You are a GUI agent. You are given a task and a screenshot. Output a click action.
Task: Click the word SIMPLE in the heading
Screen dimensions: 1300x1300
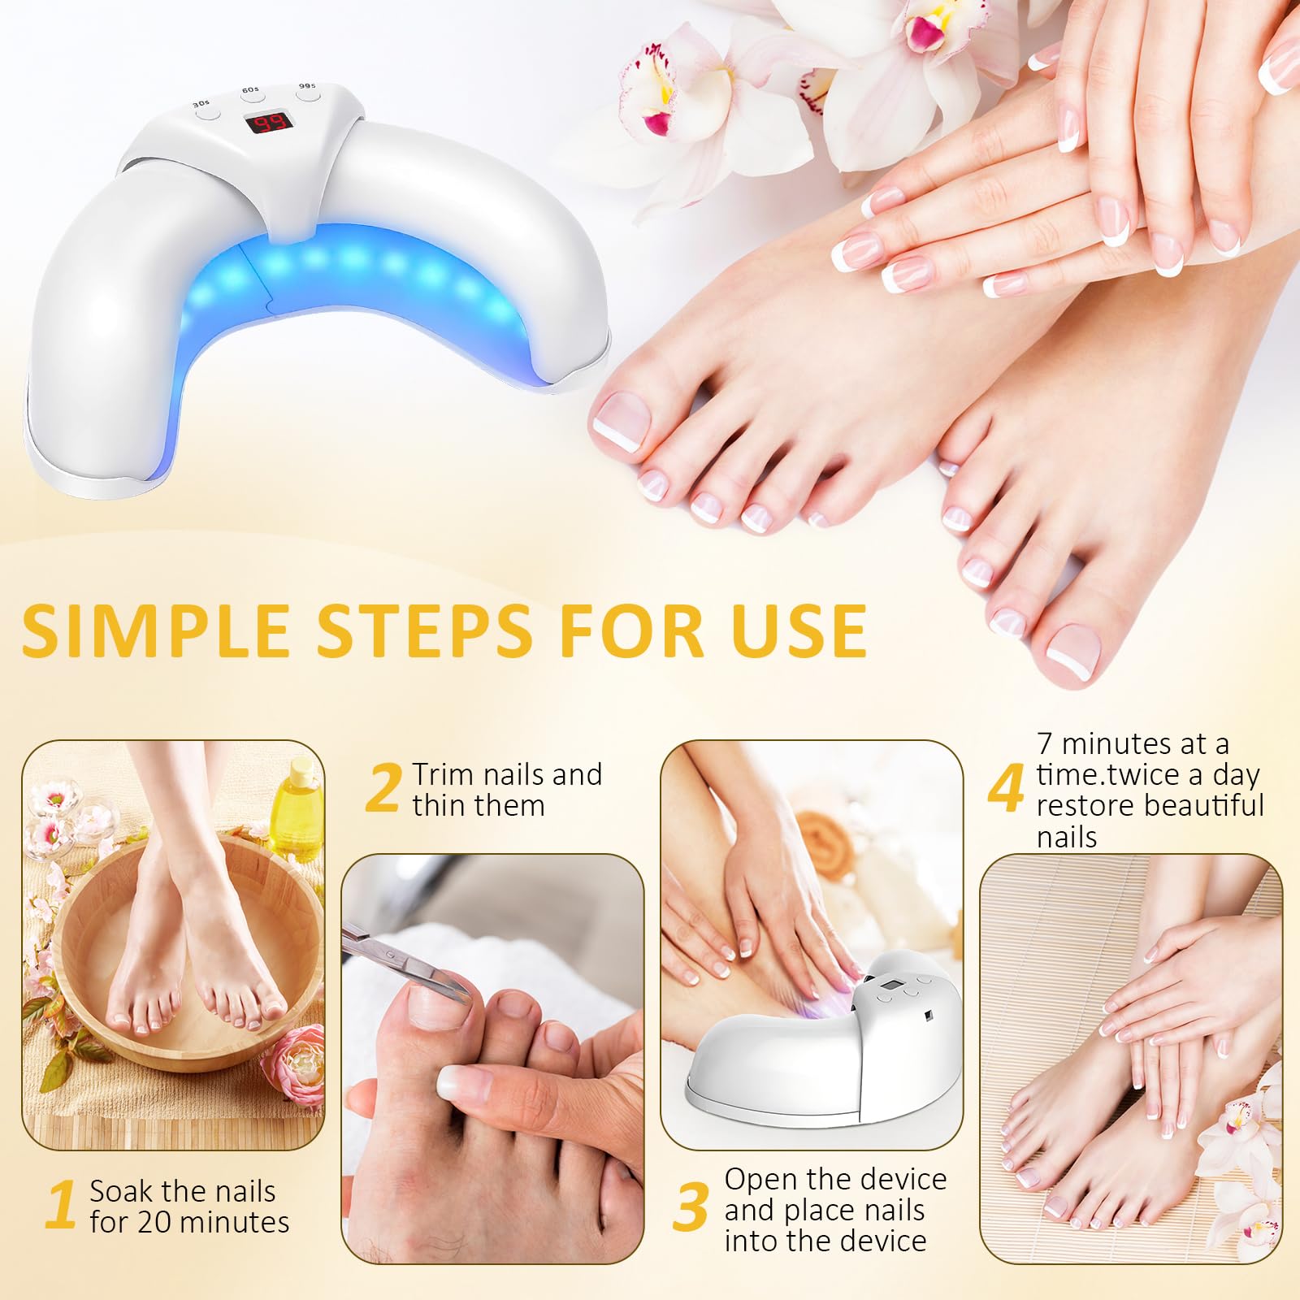tap(154, 631)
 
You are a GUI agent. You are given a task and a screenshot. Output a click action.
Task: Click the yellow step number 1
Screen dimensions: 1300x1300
tap(62, 1207)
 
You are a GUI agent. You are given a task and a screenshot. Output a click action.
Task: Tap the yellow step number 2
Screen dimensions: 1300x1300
tap(383, 788)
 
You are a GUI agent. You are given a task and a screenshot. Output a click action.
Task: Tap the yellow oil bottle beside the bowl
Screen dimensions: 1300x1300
tap(297, 812)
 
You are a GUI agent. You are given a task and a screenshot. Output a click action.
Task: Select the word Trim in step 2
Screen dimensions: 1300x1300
tap(443, 774)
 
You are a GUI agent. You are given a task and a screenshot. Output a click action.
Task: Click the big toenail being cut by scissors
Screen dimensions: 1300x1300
tap(439, 1007)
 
